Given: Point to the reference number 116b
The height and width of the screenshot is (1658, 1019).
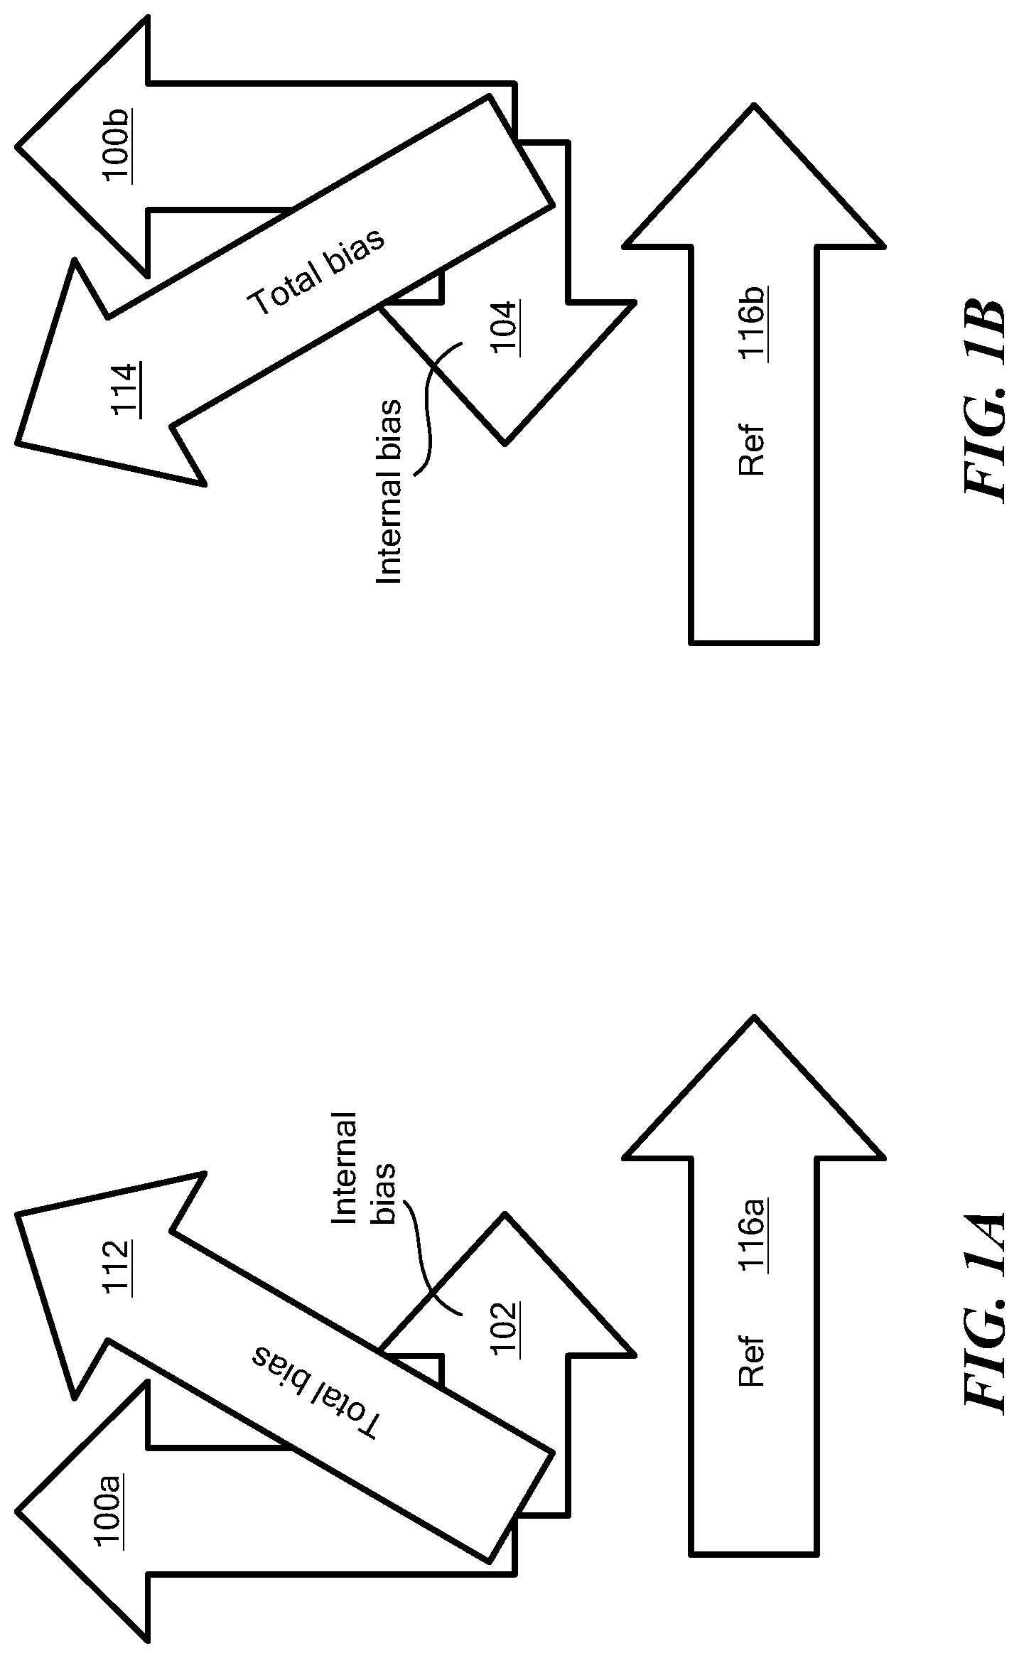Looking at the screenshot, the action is point(753,323).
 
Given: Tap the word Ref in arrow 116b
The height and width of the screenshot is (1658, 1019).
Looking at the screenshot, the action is point(751,451).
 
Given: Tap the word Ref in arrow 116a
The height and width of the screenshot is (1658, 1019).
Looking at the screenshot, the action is point(751,1362).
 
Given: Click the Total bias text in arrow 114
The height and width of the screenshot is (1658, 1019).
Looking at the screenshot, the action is point(317,272).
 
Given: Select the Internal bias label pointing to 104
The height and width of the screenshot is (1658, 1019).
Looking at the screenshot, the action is point(389,492).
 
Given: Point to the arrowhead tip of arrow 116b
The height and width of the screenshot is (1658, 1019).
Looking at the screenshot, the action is point(754,105).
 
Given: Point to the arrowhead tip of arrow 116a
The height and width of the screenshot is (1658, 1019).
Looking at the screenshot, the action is point(754,1016).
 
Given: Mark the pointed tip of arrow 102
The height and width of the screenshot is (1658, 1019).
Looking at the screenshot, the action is point(505,1213).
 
